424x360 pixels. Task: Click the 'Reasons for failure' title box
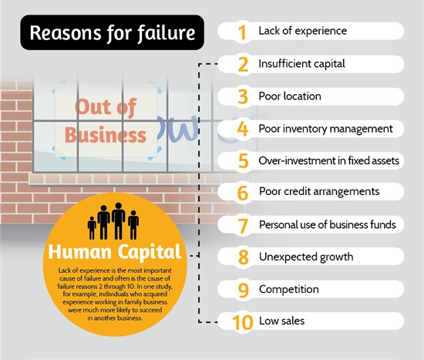(x=112, y=32)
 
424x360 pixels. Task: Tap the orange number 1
(x=242, y=32)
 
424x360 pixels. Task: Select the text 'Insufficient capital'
(x=301, y=64)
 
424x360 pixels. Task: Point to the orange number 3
(x=243, y=97)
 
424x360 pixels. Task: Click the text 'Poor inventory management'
(x=325, y=129)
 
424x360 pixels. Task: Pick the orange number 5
(x=243, y=160)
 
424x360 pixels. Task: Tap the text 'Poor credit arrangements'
(x=319, y=192)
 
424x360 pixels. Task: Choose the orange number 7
(x=243, y=226)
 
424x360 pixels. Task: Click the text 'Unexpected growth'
(x=306, y=257)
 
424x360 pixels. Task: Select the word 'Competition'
(x=289, y=289)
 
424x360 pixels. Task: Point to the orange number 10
(x=243, y=322)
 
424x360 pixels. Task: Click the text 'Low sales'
(x=281, y=321)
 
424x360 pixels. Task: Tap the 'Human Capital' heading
(x=115, y=252)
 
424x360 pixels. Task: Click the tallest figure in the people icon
(x=119, y=221)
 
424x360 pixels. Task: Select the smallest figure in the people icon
(x=92, y=227)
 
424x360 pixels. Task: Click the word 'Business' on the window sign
(x=106, y=135)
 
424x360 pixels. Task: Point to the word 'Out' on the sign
(x=89, y=107)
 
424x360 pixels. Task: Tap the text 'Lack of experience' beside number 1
(x=303, y=31)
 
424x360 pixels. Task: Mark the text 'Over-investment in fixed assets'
(x=329, y=160)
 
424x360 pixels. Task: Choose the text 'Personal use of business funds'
(x=327, y=225)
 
